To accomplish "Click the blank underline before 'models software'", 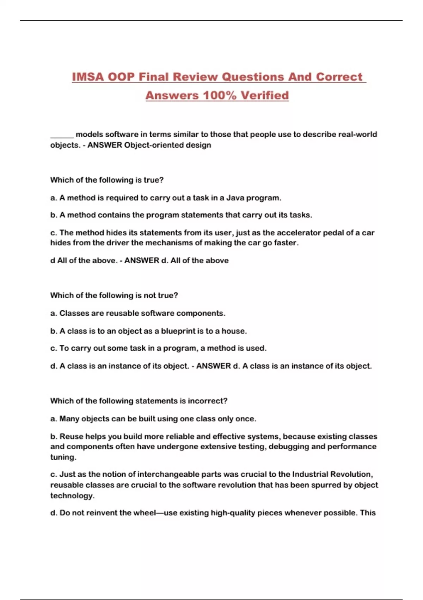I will pyautogui.click(x=62, y=135).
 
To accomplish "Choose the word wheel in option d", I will pyautogui.click(x=144, y=513).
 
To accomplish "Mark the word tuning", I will pyautogui.click(x=63, y=457).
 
